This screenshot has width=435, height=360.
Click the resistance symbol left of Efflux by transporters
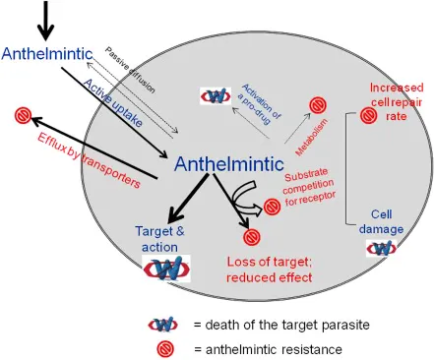[23, 116]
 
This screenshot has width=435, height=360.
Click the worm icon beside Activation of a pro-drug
[217, 95]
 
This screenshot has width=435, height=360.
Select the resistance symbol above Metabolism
[319, 104]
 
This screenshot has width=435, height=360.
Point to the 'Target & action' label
[157, 236]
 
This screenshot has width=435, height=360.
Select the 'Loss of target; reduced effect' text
[269, 270]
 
